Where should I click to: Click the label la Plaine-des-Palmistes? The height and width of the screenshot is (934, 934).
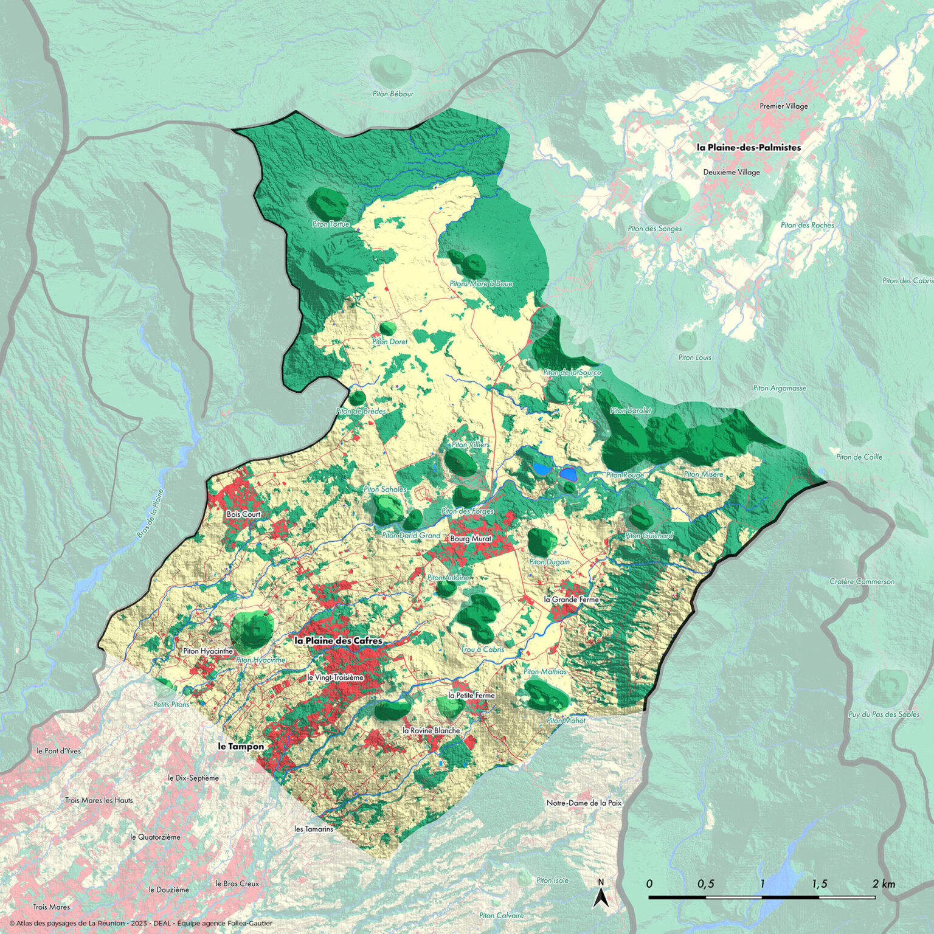[749, 147]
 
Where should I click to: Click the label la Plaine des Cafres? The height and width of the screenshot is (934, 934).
[338, 641]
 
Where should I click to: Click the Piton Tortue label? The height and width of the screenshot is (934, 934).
[330, 224]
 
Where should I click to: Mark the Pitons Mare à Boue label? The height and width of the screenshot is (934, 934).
[481, 283]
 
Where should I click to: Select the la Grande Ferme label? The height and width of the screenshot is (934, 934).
[571, 600]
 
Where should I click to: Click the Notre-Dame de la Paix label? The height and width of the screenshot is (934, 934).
[584, 803]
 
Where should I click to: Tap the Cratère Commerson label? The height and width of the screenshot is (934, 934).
[862, 581]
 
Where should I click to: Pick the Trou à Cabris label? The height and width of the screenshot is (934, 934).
[482, 649]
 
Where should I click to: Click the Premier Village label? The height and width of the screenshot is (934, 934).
[784, 106]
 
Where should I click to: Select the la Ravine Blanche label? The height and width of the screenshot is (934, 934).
[431, 730]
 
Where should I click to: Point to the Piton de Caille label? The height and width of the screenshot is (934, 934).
[859, 457]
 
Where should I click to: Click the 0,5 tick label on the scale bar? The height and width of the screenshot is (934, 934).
[705, 884]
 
